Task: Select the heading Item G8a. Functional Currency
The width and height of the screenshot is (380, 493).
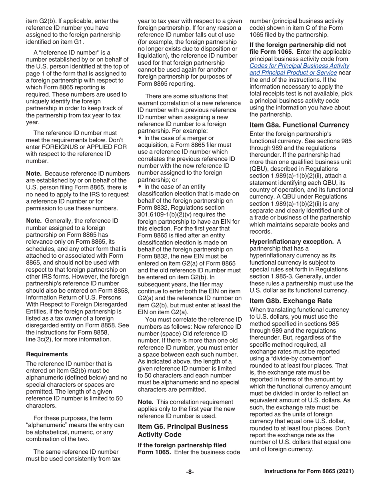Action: pyautogui.click(x=299, y=125)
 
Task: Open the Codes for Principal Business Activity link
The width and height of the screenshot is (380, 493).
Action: pyautogui.click(x=299, y=69)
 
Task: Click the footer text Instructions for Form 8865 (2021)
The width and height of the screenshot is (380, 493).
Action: pyautogui.click(x=309, y=472)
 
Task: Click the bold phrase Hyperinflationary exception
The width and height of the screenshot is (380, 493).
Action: pyautogui.click(x=292, y=242)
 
